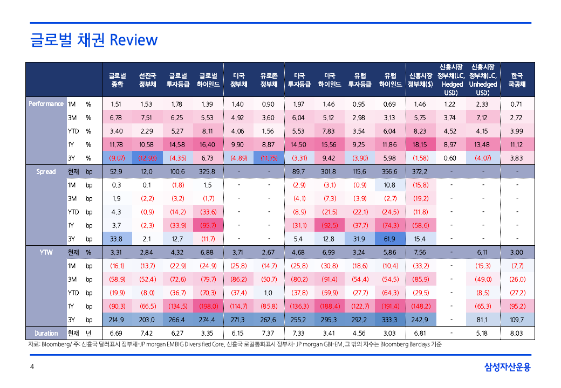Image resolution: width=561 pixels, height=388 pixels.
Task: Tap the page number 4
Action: point(32,368)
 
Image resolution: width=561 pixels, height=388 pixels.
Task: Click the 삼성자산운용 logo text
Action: point(508,368)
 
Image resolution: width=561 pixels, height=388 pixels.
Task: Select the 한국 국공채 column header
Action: point(517,80)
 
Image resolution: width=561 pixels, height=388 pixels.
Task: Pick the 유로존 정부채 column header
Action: point(269,80)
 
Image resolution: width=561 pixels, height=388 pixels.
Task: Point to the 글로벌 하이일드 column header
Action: point(208,80)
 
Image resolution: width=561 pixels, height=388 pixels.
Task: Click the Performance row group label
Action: point(46,104)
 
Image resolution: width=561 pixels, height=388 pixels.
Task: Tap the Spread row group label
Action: point(46,171)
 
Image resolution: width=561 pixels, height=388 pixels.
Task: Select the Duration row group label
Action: point(46,334)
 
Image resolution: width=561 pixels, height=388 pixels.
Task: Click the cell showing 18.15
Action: point(420,144)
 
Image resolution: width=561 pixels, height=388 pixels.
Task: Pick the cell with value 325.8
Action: point(208,171)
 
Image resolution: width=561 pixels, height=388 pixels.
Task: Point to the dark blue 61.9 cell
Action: point(390,239)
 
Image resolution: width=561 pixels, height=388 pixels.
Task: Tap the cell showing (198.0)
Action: point(208,306)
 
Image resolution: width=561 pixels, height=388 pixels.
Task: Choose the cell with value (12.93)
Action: point(147,158)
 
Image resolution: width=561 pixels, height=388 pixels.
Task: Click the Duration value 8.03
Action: point(517,334)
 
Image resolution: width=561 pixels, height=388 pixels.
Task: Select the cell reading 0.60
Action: point(450,158)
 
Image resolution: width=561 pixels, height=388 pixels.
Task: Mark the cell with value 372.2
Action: point(420,171)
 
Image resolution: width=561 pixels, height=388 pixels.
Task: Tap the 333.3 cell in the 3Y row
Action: point(390,320)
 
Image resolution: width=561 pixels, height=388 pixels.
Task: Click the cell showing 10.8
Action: point(390,185)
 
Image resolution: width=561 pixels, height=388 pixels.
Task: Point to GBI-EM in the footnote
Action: point(329,344)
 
